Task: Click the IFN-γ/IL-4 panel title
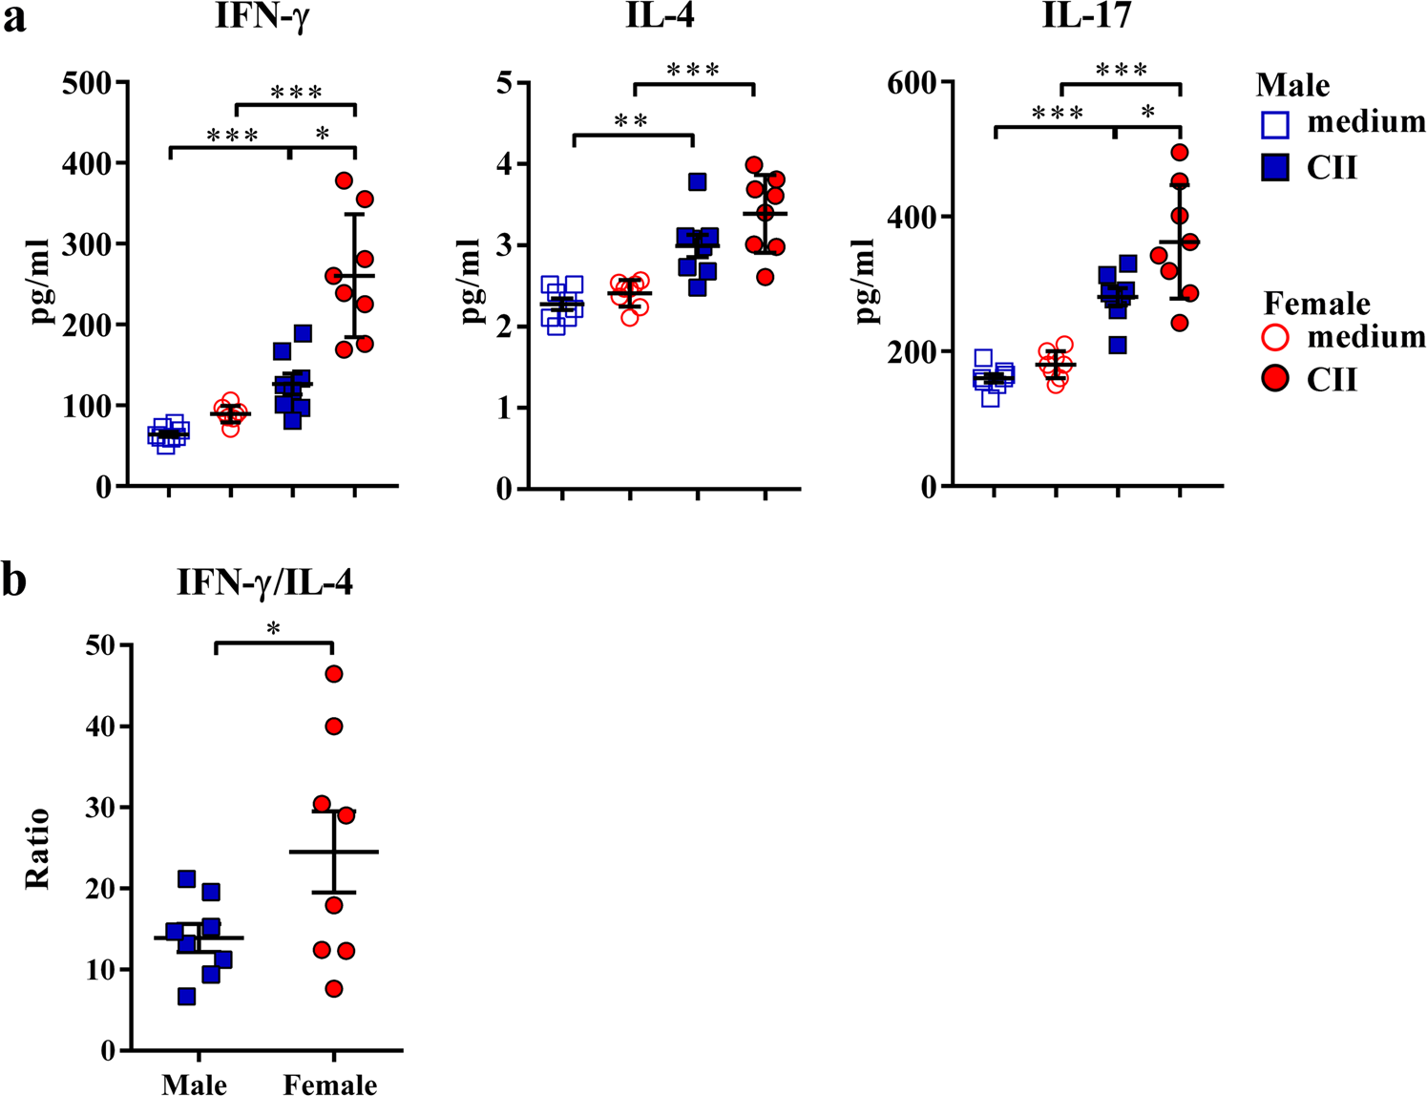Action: [265, 582]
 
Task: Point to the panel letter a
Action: [14, 19]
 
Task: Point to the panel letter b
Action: [14, 580]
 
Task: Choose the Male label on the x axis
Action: [194, 1084]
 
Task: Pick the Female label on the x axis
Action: [330, 1084]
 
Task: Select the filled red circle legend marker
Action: [1275, 380]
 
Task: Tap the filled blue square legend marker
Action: [1275, 169]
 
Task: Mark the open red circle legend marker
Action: [1275, 338]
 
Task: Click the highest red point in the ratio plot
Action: [333, 674]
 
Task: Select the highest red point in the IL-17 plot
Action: [1180, 152]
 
